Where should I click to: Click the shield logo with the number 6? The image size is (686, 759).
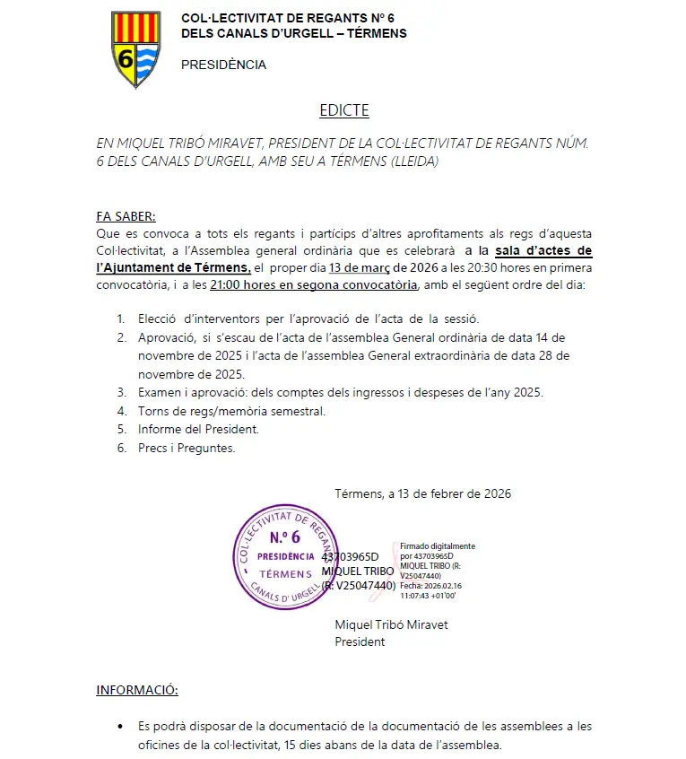[135, 49]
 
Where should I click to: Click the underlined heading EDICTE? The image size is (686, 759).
[343, 110]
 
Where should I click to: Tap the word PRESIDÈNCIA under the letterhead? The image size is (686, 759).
[223, 65]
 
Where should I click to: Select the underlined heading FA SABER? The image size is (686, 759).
[126, 216]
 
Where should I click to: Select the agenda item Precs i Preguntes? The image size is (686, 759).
[187, 448]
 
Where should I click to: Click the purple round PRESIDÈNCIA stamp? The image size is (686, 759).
[285, 556]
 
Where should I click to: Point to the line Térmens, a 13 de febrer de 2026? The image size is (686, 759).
[422, 493]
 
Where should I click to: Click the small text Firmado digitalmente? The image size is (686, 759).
[438, 545]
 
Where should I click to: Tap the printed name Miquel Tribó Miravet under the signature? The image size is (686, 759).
[391, 624]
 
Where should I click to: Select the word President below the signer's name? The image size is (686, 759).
[360, 641]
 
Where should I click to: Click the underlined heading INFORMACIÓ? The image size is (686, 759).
[137, 690]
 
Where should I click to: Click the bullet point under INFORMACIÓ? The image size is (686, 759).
[120, 726]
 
